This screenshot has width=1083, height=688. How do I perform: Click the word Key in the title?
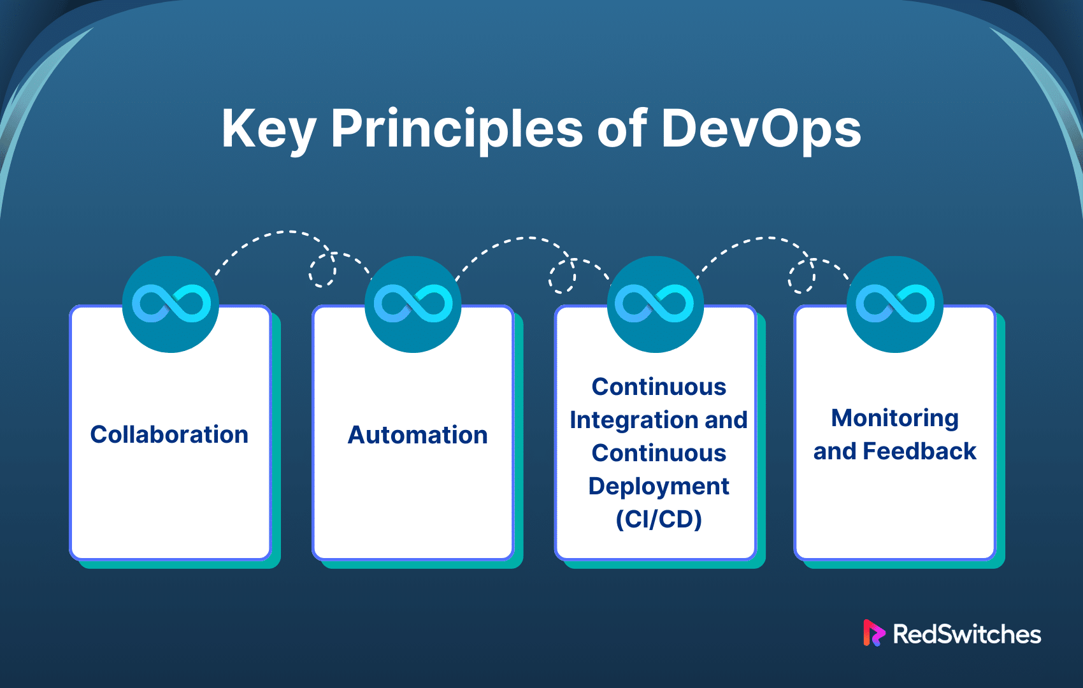click(269, 129)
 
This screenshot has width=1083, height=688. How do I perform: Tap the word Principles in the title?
click(457, 129)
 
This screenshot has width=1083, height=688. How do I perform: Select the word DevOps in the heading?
click(761, 129)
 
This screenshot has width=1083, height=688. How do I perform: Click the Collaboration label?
click(169, 434)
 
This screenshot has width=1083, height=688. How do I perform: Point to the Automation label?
click(418, 434)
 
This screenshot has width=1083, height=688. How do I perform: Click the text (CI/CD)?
click(659, 519)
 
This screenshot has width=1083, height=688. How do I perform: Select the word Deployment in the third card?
click(659, 487)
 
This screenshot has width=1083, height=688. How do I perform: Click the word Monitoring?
click(894, 418)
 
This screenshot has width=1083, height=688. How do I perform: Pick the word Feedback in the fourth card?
click(919, 451)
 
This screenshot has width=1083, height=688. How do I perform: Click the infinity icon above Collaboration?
click(171, 303)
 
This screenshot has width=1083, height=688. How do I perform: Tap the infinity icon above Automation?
click(413, 303)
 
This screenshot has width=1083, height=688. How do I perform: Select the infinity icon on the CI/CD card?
click(654, 303)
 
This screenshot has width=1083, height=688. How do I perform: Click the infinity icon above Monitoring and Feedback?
click(895, 303)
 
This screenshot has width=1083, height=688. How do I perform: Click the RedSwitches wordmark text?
click(966, 634)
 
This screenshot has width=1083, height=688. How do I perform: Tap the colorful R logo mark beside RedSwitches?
click(873, 633)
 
